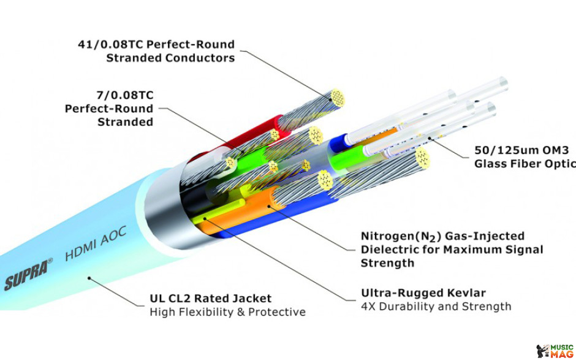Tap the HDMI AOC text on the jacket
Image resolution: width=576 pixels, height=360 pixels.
pos(96,243)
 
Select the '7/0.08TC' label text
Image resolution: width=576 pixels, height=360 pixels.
pos(125,95)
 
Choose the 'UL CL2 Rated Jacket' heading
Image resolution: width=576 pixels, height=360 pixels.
pos(211,298)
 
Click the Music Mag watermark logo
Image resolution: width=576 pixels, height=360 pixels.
pos(555,351)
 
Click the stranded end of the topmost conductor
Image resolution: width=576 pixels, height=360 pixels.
pos(337,98)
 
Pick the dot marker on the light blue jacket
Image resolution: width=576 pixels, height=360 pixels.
pos(89,278)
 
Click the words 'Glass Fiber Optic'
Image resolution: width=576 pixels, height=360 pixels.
pos(525,164)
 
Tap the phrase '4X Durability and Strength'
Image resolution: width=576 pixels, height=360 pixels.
pos(436,306)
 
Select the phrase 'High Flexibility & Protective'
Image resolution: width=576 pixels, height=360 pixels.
pos(228,312)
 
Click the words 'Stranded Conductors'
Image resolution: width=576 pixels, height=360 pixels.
pos(170,58)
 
